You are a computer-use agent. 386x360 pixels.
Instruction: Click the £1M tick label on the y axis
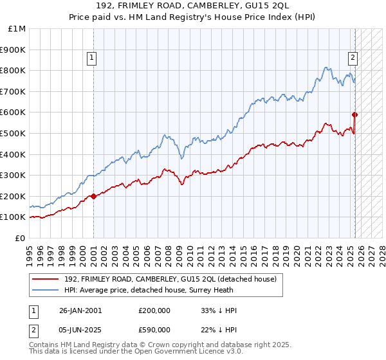(17, 28)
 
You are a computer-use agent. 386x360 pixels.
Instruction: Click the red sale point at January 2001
(94, 196)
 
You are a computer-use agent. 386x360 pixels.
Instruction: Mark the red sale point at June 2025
(354, 114)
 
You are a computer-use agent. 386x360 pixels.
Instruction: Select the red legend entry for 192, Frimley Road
(170, 279)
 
